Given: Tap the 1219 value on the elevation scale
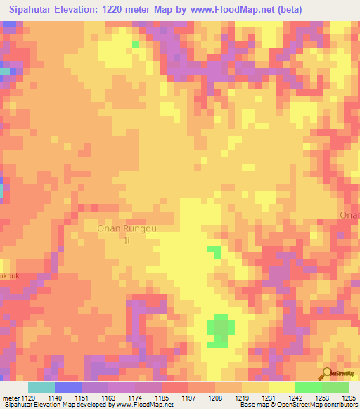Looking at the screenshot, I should tap(242, 398).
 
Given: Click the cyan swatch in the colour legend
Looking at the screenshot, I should tap(41, 387).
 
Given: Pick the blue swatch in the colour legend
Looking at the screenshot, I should tap(67, 387).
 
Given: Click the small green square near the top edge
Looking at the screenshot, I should tap(135, 44).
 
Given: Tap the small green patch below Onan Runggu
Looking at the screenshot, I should tap(214, 250).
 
